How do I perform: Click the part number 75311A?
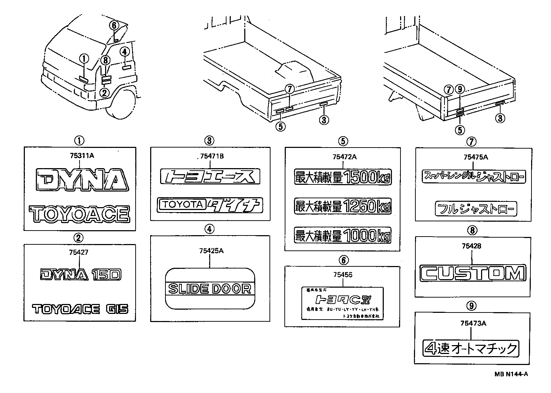(80, 155)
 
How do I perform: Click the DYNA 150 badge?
(81, 274)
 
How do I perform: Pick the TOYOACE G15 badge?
(80, 309)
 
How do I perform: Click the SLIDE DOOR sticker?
(210, 289)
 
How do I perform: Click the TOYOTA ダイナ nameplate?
(210, 205)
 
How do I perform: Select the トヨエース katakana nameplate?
(210, 176)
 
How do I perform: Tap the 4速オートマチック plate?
(471, 348)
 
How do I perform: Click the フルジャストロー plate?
(476, 209)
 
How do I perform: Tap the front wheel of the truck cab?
(122, 105)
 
